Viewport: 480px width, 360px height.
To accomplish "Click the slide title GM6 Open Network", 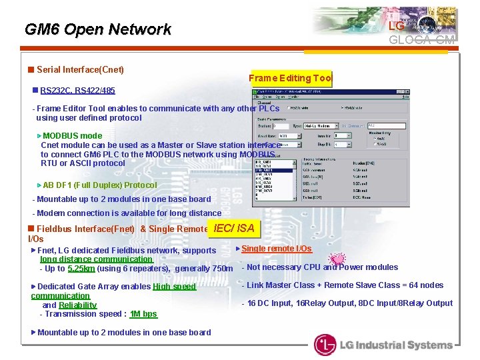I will [97, 29].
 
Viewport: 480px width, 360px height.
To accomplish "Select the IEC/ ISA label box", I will [233, 229].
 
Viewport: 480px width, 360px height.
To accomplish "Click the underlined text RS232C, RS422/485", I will [77, 90].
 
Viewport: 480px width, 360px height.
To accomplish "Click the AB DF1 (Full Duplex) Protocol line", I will [99, 185].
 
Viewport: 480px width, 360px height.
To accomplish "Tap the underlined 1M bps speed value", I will [143, 314].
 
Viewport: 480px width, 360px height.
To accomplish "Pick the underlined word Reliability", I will [77, 305].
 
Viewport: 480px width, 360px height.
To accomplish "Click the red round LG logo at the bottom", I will [325, 345].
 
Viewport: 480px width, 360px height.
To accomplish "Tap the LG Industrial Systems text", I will [396, 345].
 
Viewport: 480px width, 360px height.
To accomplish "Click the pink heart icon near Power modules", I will [337, 259].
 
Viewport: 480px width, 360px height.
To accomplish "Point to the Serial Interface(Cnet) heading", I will [80, 69].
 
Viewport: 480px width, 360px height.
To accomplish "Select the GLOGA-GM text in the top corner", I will [423, 40].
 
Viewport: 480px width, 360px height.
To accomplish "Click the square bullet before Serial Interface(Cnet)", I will [31, 69].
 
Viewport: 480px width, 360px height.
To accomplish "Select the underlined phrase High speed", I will [174, 287].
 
